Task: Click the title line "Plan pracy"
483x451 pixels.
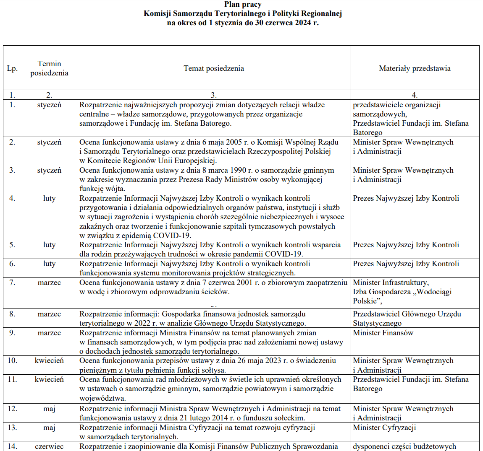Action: pos(243,5)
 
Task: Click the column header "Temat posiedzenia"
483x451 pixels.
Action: pos(213,68)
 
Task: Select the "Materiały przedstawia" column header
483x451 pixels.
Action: pos(415,68)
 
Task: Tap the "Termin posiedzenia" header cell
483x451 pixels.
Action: pos(49,68)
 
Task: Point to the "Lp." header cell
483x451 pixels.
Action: pos(12,68)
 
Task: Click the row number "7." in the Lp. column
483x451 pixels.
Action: pos(12,283)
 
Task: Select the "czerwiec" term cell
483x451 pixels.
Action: pos(49,446)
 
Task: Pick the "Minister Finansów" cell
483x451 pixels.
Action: pos(383,333)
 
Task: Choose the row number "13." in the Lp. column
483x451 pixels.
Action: pos(12,428)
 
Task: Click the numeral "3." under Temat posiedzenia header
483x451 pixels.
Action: pos(213,95)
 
